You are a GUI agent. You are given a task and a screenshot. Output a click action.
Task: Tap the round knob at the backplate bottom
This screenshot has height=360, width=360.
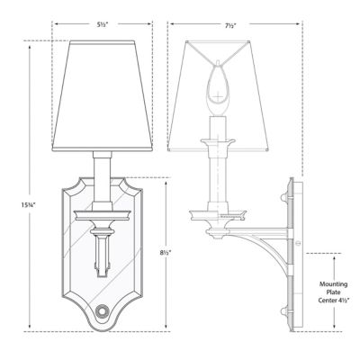(102, 314)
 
